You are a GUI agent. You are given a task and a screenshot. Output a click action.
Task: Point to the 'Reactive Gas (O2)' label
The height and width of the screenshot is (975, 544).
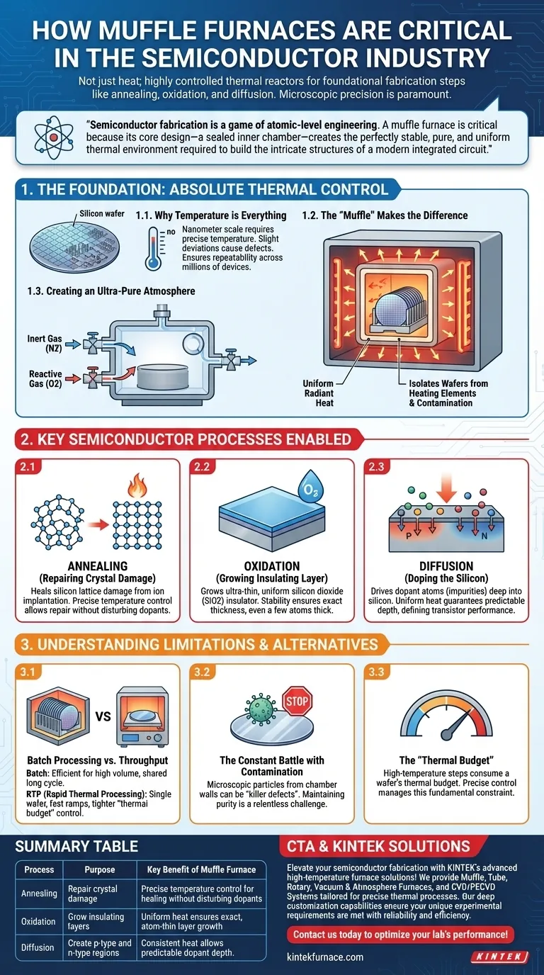46,379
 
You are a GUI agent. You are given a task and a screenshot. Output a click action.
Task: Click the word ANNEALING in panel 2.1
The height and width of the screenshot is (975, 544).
96,566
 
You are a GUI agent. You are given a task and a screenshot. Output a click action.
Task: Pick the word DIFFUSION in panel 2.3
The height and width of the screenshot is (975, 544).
446,566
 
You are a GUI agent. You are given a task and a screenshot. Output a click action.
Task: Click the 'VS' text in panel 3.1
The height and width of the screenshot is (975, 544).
103,716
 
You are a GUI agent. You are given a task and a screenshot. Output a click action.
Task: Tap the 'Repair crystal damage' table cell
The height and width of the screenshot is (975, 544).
93,894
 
